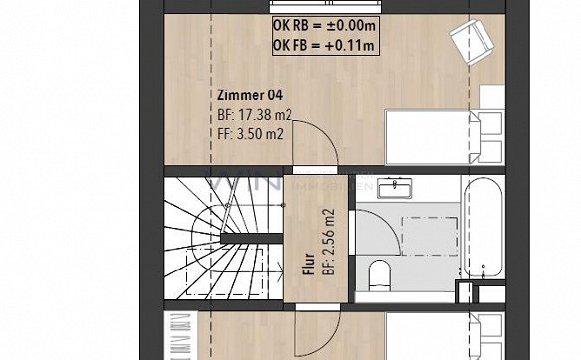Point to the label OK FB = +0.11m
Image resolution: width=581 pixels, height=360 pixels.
coord(322,45)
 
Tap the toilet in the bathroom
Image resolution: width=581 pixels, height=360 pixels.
coord(379,273)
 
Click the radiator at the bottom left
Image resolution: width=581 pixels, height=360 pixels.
coord(181,333)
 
